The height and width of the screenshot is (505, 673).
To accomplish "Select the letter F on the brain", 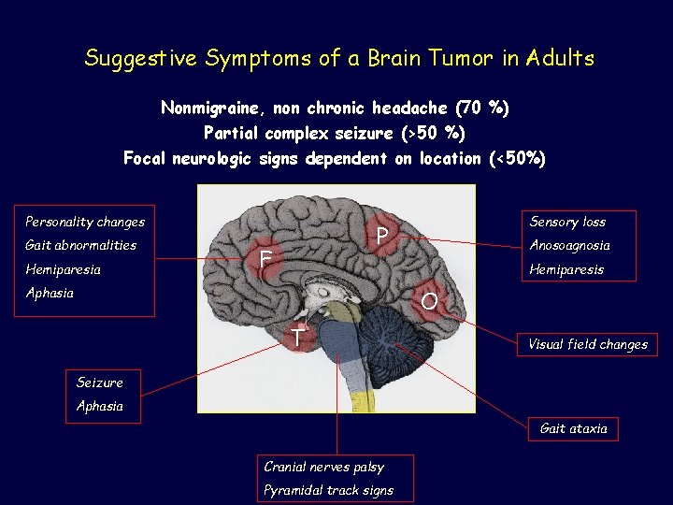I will pos(266,258).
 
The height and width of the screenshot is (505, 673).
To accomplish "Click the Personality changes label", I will pos(85,222).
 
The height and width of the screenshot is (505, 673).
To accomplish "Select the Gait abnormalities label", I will pos(80,245).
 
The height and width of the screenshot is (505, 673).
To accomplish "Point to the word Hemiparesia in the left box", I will pos(63,269).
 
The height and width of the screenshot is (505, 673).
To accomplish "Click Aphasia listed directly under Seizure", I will pos(99,407).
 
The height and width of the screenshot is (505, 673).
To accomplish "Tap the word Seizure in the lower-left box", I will pos(99,382).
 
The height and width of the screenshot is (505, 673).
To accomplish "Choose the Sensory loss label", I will pos(567,222).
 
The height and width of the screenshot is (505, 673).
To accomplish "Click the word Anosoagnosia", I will pos(569,245).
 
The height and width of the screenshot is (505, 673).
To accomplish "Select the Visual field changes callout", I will pos(588,344).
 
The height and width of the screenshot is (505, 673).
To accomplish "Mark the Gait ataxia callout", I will pos(573,428).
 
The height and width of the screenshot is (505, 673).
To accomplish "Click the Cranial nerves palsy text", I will pos(324,467).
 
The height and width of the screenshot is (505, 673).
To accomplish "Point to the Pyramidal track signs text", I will pos(329,490).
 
